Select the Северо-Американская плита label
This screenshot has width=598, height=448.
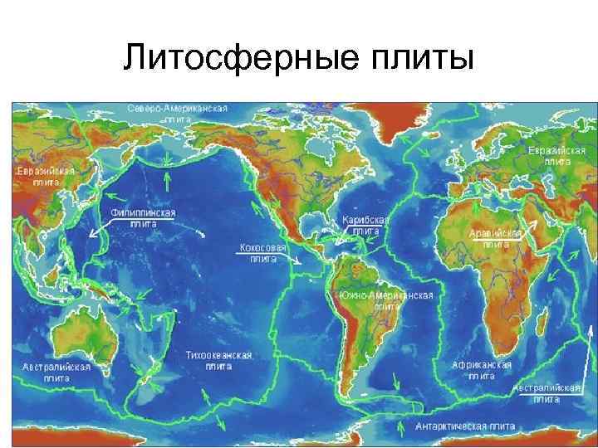pyautogui.click(x=179, y=114)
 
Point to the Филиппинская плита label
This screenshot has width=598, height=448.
pyautogui.click(x=143, y=217)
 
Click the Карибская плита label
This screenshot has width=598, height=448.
pyautogui.click(x=365, y=226)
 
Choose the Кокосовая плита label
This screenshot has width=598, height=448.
pyautogui.click(x=263, y=253)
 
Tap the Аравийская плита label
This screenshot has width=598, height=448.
pyautogui.click(x=495, y=240)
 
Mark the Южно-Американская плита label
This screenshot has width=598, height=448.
pyautogui.click(x=386, y=300)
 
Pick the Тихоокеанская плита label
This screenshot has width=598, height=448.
pyautogui.click(x=218, y=359)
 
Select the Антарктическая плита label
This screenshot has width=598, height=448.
pyautogui.click(x=465, y=426)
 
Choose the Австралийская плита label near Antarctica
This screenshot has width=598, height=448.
pyautogui.click(x=547, y=392)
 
